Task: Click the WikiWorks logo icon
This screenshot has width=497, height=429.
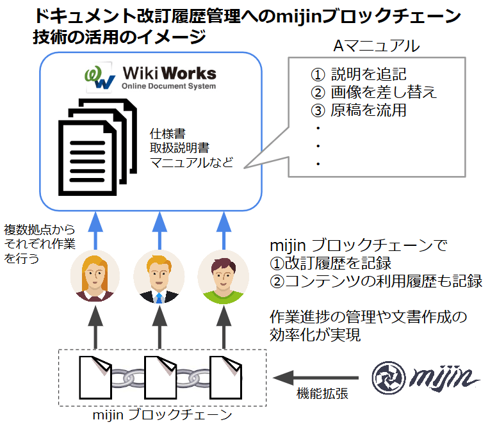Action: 99,77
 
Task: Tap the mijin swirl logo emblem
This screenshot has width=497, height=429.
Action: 389,378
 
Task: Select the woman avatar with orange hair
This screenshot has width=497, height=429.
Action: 95,276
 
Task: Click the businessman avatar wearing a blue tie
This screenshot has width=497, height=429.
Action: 159,276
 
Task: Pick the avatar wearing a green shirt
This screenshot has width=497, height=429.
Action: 224,277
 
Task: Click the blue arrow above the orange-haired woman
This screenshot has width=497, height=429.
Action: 95,231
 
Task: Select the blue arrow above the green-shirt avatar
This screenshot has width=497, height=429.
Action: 224,231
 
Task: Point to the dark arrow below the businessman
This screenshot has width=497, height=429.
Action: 159,328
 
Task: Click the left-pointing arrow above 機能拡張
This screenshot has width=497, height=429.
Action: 316,377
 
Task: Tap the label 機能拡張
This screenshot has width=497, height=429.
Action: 322,394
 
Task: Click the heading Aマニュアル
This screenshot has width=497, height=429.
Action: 377,46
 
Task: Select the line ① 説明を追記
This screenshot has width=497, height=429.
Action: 359,74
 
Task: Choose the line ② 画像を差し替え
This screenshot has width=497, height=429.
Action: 373,92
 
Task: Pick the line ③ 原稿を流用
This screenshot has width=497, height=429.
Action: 359,110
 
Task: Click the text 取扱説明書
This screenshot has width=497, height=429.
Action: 179,148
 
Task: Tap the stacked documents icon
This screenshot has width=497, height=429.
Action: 97,147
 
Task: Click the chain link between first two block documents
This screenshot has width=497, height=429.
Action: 127,378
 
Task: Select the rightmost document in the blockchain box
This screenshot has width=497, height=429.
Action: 225,377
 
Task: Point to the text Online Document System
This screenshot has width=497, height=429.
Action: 168,86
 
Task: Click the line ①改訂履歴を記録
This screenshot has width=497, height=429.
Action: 330,263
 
